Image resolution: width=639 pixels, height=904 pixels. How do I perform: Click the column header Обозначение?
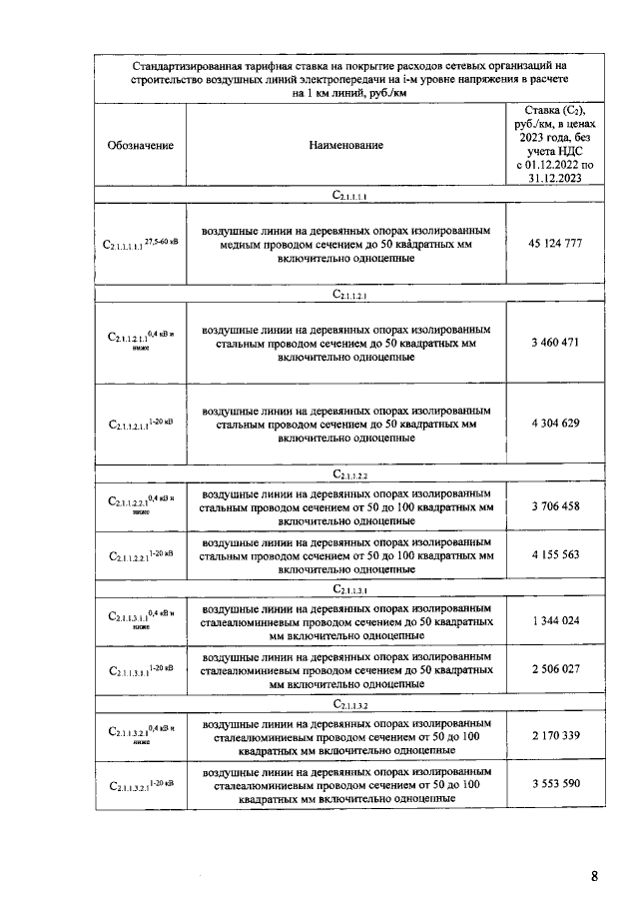[140, 146]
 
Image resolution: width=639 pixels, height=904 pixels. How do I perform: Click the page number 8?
[594, 877]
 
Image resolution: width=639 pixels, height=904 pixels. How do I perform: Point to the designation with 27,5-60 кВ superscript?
[140, 244]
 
